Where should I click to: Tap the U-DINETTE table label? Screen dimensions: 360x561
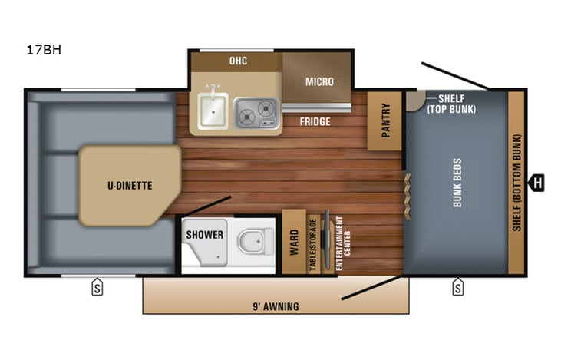click(x=129, y=185)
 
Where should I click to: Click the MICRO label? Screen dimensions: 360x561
click(x=319, y=81)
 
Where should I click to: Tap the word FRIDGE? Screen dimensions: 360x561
click(x=315, y=121)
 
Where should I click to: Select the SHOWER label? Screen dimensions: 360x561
click(x=205, y=234)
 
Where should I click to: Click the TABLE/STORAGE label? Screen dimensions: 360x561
click(x=312, y=243)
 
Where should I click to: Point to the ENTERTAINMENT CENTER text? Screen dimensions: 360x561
click(x=338, y=241)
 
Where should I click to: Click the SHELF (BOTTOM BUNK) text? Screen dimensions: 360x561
click(x=517, y=183)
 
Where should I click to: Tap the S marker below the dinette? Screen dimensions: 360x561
click(x=97, y=288)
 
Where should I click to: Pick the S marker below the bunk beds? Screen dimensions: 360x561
click(x=457, y=288)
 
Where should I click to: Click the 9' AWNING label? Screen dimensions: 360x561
click(x=276, y=307)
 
